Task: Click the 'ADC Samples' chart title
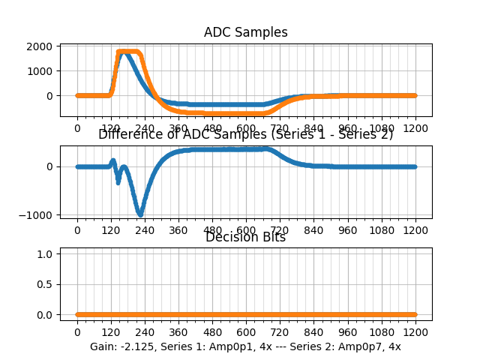245,32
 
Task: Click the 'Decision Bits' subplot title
245,237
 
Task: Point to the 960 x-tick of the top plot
348,128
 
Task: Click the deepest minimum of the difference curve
140,214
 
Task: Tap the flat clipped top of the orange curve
129,52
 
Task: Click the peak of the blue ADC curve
123,52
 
